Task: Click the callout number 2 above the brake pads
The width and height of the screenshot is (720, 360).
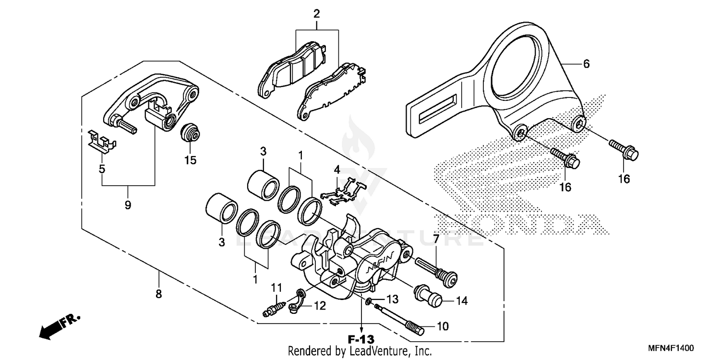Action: [x=316, y=13]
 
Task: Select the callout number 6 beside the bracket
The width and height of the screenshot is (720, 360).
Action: [x=587, y=64]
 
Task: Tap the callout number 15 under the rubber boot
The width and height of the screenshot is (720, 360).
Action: [x=191, y=160]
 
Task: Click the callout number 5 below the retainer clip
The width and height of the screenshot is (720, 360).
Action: [x=102, y=169]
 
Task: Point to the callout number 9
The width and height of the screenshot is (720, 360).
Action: [x=128, y=205]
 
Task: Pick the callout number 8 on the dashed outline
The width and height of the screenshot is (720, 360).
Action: [x=159, y=294]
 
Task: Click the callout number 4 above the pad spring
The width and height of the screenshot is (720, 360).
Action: [x=337, y=169]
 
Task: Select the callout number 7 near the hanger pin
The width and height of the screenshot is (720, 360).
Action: [x=436, y=239]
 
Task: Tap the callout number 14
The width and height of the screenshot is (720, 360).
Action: [x=461, y=301]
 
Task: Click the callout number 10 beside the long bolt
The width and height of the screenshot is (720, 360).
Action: [x=443, y=326]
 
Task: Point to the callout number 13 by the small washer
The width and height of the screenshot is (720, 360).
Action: [x=393, y=299]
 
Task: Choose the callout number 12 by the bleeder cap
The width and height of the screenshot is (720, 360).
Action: [x=319, y=306]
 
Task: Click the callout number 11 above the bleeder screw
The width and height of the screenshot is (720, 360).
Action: [x=276, y=288]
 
